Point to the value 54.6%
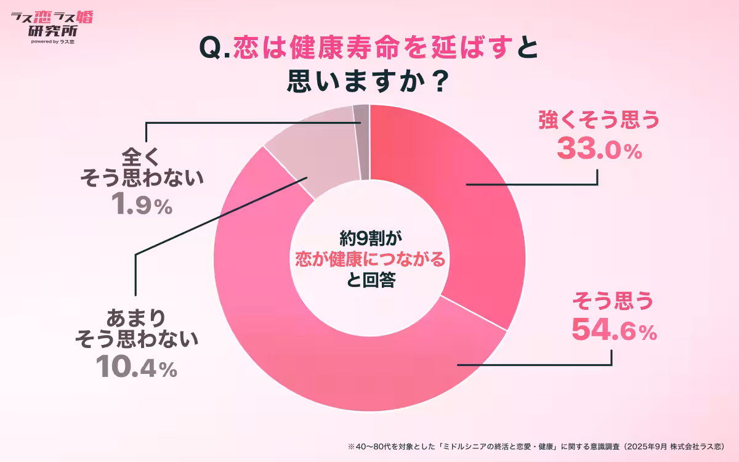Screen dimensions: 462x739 [614, 330]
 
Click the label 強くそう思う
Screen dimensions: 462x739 [599, 120]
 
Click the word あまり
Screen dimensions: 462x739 [136, 318]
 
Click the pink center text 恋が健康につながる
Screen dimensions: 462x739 [369, 259]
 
